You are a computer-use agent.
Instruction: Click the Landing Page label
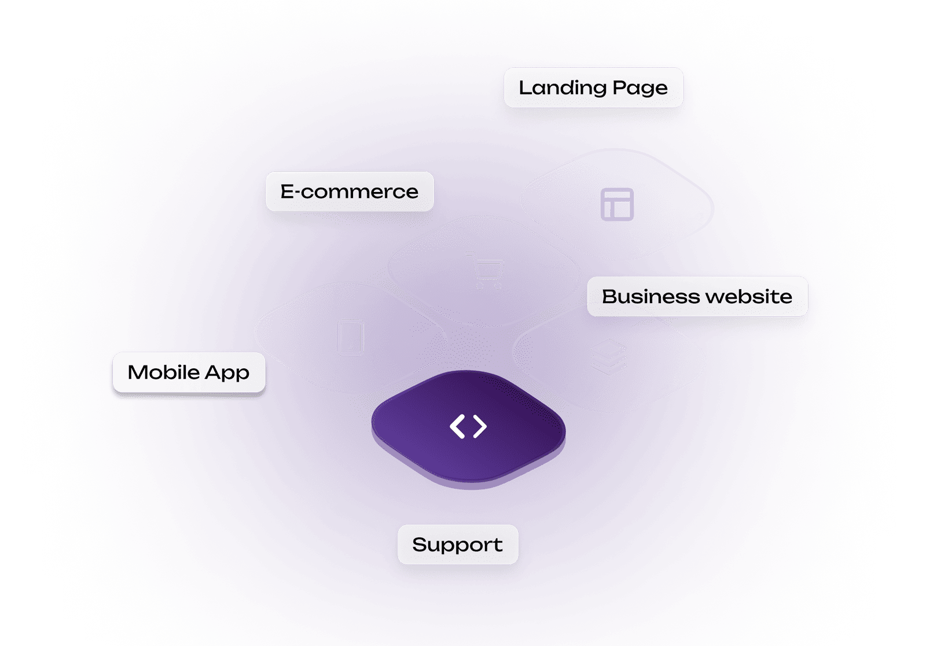point(593,88)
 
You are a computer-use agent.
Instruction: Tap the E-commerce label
point(349,191)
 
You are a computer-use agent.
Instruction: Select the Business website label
point(697,297)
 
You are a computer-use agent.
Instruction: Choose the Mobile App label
point(189,372)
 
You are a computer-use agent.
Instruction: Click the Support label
point(457,545)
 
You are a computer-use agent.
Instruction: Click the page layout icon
point(618,204)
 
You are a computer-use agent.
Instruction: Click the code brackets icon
point(468,427)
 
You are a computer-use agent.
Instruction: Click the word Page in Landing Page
point(640,88)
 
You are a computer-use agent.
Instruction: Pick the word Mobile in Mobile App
point(164,372)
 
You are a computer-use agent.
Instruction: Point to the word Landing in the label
point(563,88)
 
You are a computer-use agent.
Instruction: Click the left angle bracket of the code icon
point(457,427)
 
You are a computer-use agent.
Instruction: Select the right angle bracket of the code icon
point(480,427)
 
